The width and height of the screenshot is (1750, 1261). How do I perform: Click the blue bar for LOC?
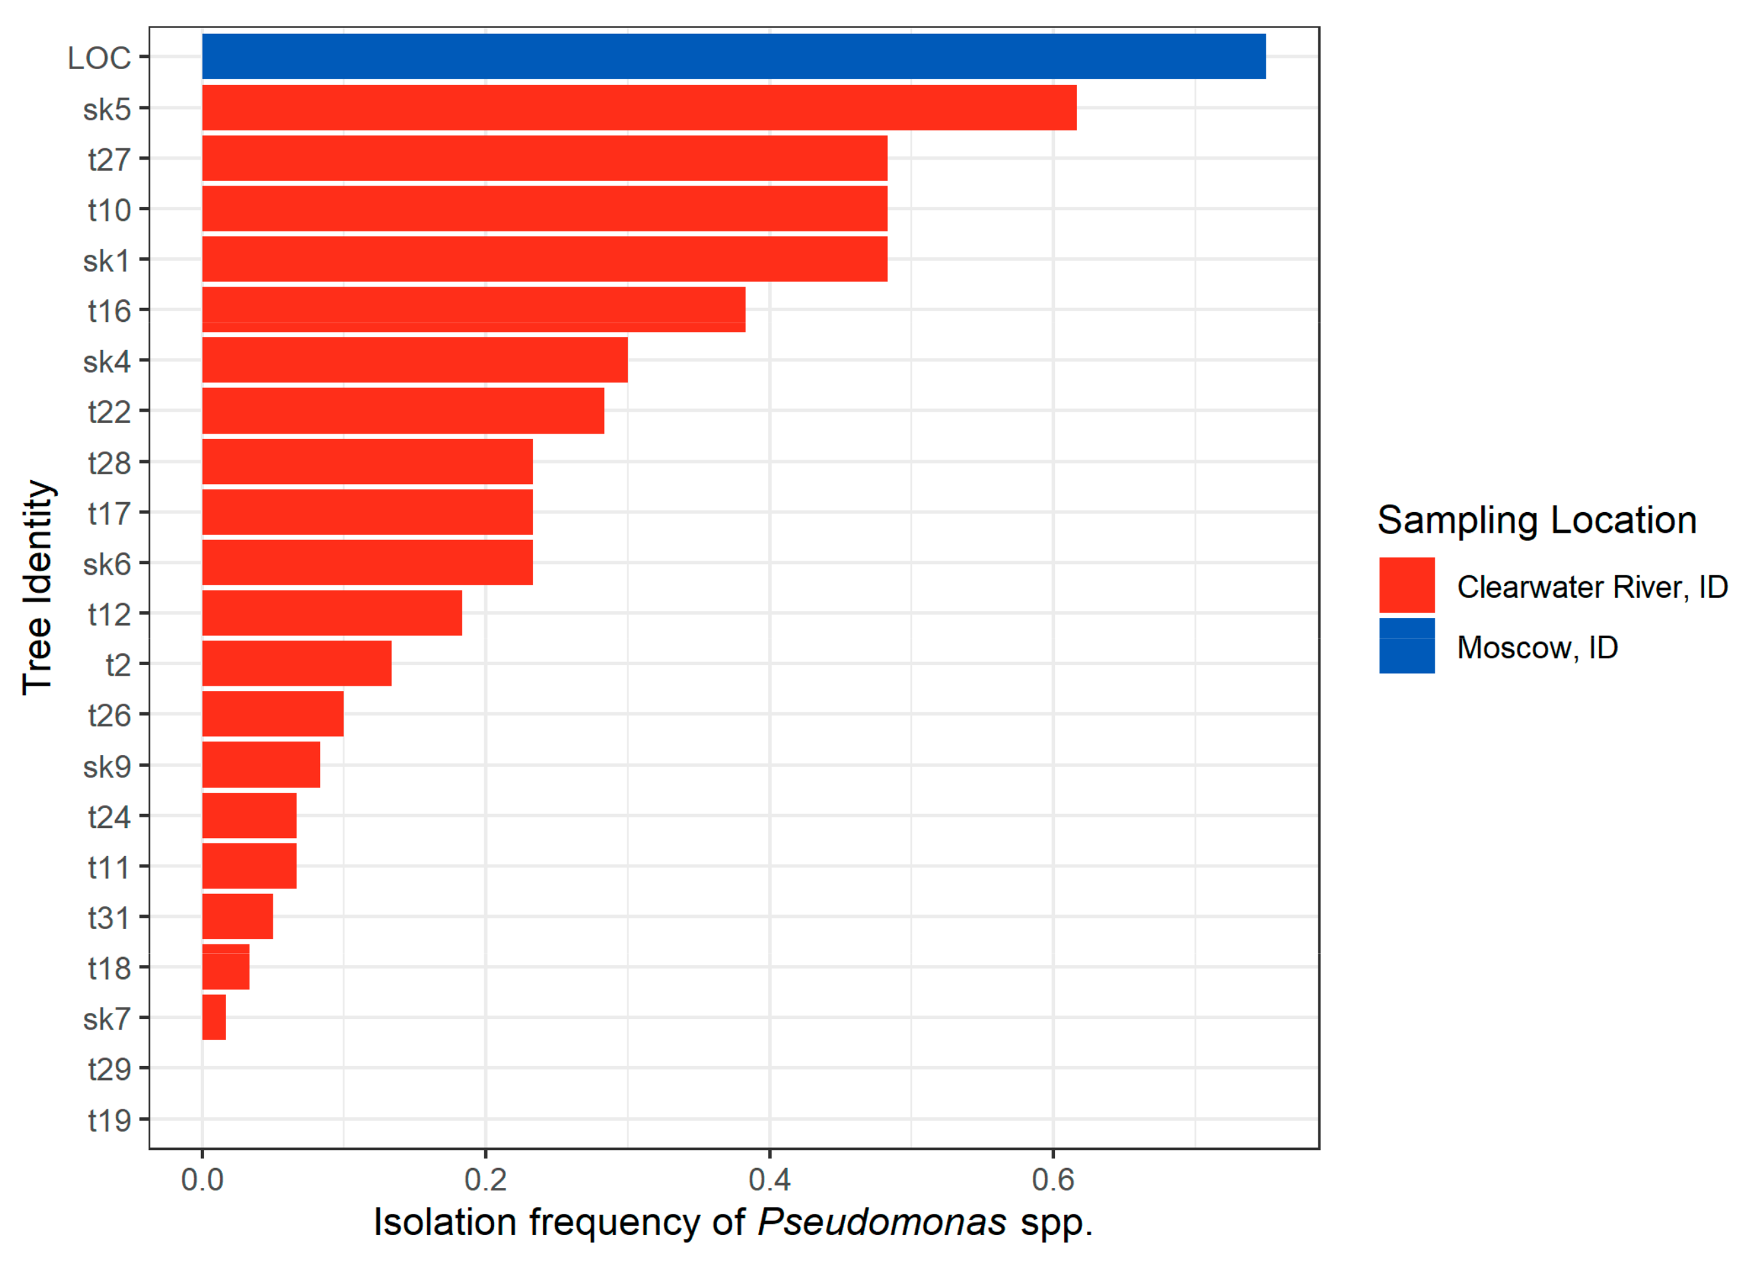[x=733, y=57]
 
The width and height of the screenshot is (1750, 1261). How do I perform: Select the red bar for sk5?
[x=639, y=108]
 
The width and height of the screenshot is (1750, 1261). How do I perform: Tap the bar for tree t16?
[x=474, y=309]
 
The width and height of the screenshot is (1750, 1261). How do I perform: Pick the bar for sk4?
[x=414, y=360]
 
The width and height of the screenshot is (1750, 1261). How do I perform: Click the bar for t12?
[x=332, y=613]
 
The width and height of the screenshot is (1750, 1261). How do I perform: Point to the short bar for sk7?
[x=214, y=1017]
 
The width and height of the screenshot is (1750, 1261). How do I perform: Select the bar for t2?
[x=296, y=664]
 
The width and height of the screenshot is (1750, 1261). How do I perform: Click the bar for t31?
[x=237, y=916]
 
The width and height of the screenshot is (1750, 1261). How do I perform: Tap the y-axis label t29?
[x=109, y=1069]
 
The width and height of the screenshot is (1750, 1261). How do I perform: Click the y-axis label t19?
[x=109, y=1120]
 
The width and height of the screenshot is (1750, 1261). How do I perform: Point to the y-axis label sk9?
[x=106, y=766]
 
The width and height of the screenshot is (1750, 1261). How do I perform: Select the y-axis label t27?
[x=109, y=160]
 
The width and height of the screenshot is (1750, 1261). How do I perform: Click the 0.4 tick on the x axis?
[x=770, y=1180]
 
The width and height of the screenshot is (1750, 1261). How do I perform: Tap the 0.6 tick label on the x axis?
[x=1052, y=1180]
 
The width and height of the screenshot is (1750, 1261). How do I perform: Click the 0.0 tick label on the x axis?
[x=202, y=1180]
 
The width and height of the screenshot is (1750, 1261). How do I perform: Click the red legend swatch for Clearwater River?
[x=1407, y=585]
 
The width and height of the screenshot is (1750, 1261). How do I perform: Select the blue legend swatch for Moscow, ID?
[x=1407, y=646]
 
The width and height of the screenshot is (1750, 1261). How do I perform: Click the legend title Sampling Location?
[x=1536, y=520]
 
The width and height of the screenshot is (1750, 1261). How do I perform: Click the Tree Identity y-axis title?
[x=37, y=587]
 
